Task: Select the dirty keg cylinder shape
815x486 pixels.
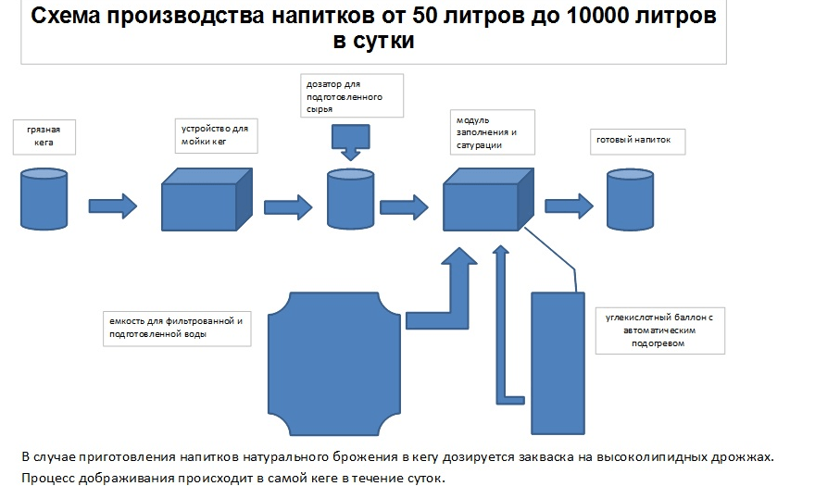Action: point(44,198)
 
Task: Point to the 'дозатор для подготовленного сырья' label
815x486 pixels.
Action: point(353,96)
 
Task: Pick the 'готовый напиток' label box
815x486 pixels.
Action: point(639,142)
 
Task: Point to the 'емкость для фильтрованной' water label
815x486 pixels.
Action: point(177,328)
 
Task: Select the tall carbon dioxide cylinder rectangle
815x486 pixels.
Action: point(557,361)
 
